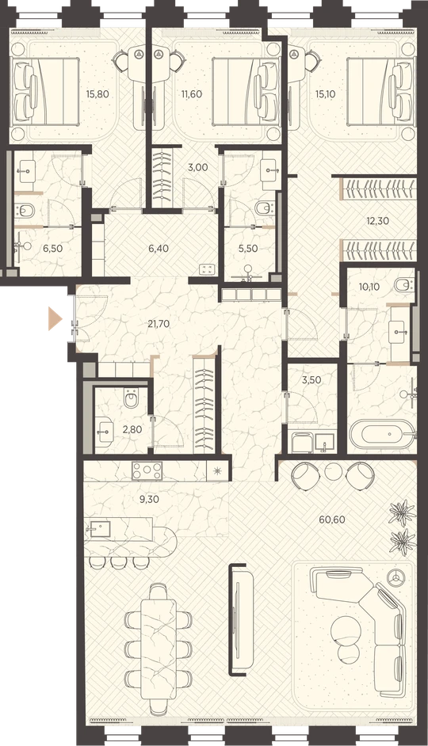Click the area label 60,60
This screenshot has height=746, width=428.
pyautogui.click(x=332, y=520)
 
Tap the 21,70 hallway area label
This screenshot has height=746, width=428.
pyautogui.click(x=159, y=325)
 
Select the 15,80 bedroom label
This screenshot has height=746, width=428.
pyautogui.click(x=97, y=94)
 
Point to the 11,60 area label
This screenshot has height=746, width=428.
pyautogui.click(x=191, y=94)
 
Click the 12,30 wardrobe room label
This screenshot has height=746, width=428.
pyautogui.click(x=365, y=221)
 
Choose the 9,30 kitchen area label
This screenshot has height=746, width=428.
pyautogui.click(x=147, y=500)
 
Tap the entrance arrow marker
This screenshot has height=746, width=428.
pyautogui.click(x=55, y=318)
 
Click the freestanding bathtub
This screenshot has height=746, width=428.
pyautogui.click(x=384, y=434)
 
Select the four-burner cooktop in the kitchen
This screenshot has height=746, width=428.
pyautogui.click(x=147, y=470)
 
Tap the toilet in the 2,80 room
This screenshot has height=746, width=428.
pyautogui.click(x=131, y=398)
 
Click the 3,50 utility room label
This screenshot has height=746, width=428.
pyautogui.click(x=311, y=380)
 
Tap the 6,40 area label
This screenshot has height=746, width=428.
pyautogui.click(x=159, y=249)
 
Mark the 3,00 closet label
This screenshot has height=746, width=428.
pyautogui.click(x=198, y=167)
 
